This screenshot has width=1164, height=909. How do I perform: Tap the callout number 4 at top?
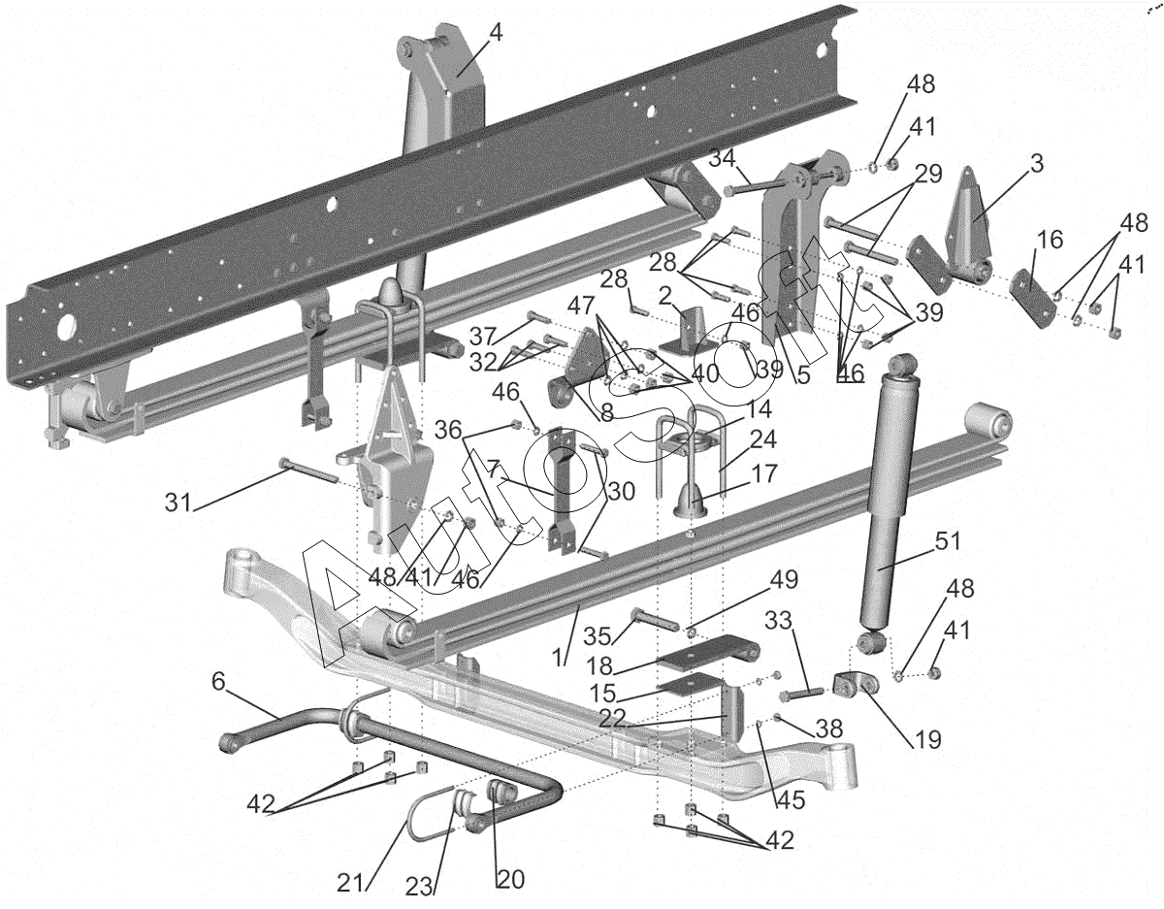click(x=496, y=32)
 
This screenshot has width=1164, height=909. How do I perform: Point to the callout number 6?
click(x=218, y=682)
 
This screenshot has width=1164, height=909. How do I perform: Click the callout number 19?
click(x=926, y=740)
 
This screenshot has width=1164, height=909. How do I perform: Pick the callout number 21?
click(x=352, y=883)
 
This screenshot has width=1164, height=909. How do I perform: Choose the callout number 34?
click(x=721, y=158)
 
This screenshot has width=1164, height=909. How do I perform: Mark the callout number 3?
click(x=1037, y=164)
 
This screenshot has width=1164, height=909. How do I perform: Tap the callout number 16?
click(x=1050, y=240)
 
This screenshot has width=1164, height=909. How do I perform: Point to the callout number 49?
click(x=784, y=579)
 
